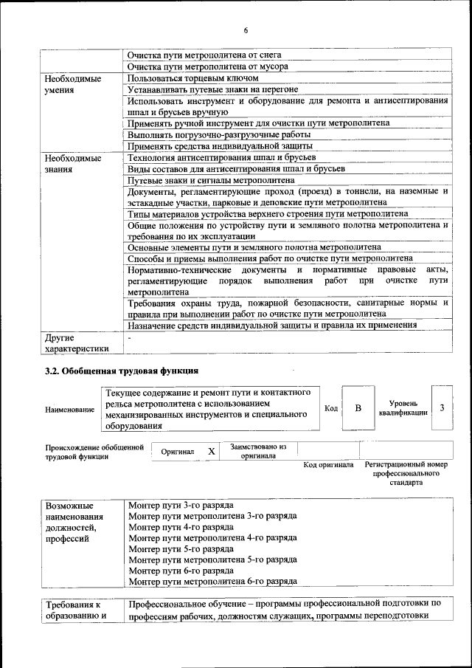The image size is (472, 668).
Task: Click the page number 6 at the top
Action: pyautogui.click(x=246, y=30)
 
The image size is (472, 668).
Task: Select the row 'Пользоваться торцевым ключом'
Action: pyautogui.click(x=192, y=78)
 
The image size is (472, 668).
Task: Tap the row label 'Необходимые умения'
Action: pyautogui.click(x=72, y=83)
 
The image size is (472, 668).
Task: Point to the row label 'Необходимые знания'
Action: pyautogui.click(x=72, y=163)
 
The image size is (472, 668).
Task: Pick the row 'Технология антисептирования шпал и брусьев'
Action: pyautogui.click(x=221, y=158)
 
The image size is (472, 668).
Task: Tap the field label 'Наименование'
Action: pyautogui.click(x=69, y=410)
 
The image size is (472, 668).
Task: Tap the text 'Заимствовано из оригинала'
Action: pyautogui.click(x=257, y=451)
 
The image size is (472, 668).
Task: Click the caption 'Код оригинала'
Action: pyautogui.click(x=328, y=465)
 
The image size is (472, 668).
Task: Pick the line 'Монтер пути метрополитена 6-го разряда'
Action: pyautogui.click(x=212, y=581)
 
